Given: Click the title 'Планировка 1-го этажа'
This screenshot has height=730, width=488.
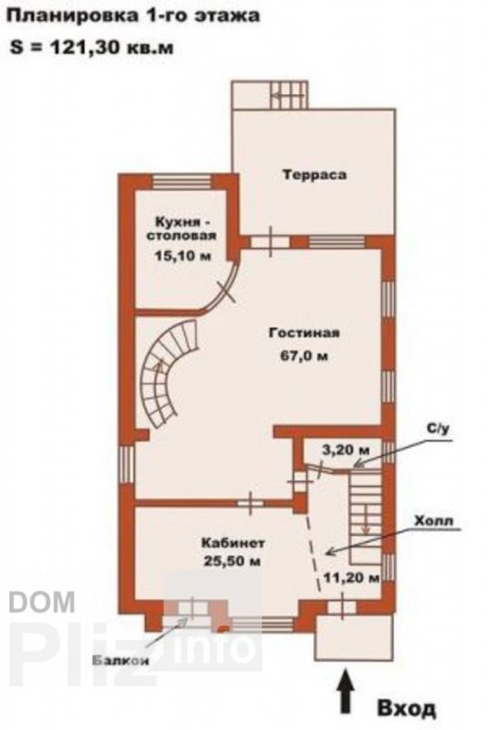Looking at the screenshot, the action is pos(134,16).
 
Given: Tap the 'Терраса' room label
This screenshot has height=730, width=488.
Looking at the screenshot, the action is pos(314,175).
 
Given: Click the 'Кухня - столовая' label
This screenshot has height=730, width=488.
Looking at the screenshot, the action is pos(181,228).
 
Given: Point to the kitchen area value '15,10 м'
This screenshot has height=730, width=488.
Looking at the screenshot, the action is pos(182,256).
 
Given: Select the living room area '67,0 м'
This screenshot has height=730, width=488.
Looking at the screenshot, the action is pos(304,356).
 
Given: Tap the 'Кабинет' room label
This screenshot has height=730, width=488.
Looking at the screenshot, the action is pos(233,543).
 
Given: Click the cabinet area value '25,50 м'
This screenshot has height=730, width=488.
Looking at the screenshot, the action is pos(233,562).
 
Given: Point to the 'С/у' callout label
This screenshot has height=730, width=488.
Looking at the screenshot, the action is pos(439,429).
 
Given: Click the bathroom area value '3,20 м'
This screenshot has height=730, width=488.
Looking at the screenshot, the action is pos(346,450).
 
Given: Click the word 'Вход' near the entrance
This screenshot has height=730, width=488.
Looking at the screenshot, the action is pos(406,709).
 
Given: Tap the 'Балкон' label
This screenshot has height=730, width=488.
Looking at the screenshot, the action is pos(121,661).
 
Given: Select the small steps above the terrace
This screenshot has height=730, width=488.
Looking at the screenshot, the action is pos(289,94).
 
